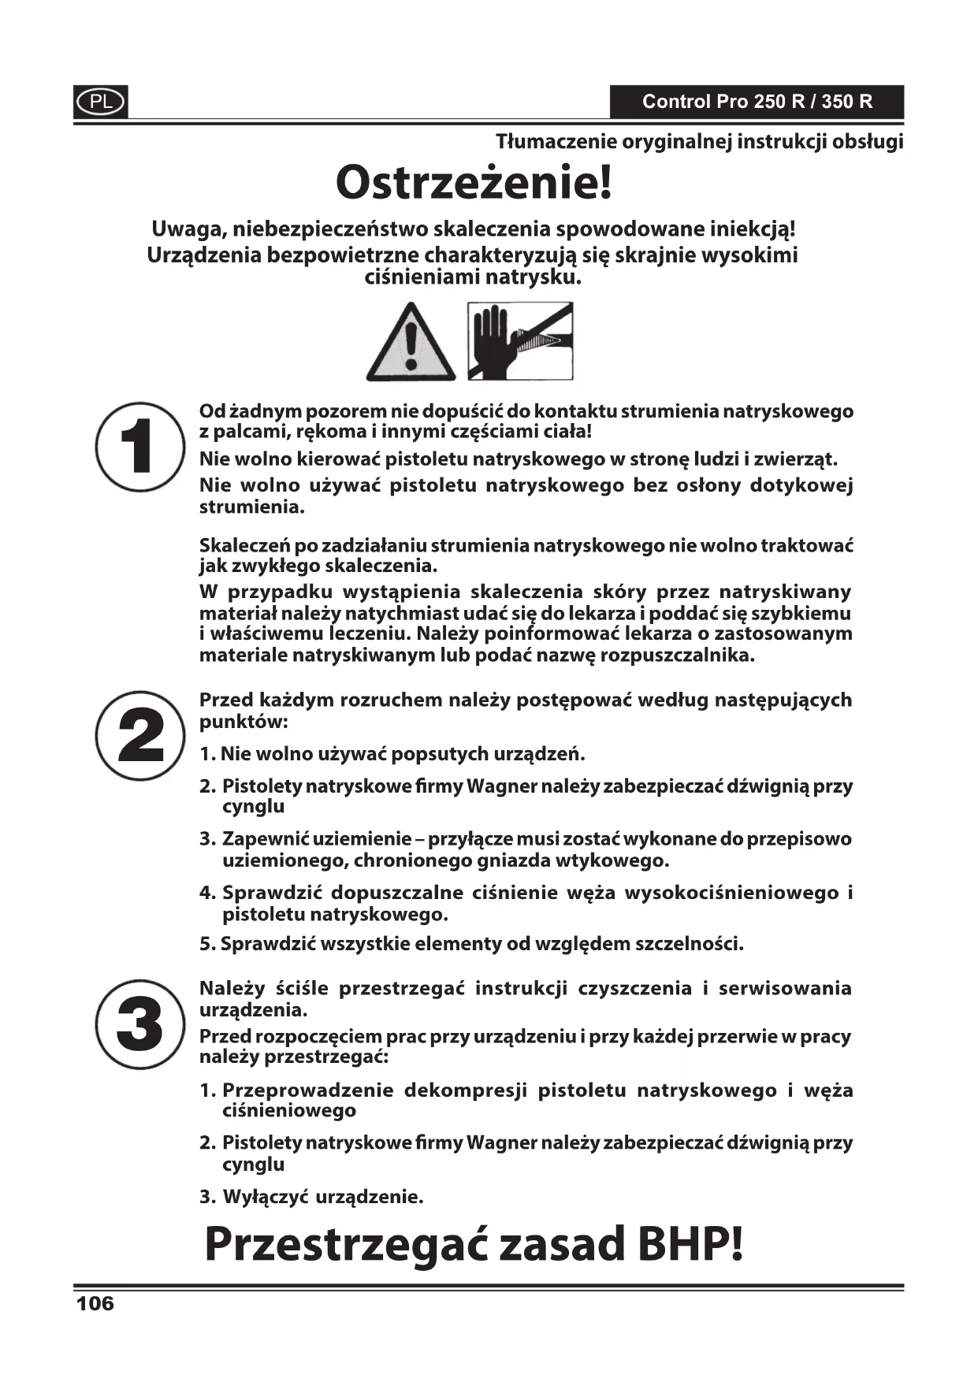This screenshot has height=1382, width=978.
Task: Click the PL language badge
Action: click(101, 102)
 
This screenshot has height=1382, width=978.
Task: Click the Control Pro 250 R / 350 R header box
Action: click(757, 102)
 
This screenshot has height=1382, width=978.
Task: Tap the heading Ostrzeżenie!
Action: click(474, 183)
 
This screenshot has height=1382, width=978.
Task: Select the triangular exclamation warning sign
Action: click(411, 343)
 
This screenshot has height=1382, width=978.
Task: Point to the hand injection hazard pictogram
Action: click(520, 341)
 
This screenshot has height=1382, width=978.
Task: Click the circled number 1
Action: click(139, 447)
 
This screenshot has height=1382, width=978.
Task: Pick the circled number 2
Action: click(140, 735)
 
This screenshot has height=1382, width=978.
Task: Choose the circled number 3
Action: click(140, 1024)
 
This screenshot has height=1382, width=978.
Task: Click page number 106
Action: click(95, 1303)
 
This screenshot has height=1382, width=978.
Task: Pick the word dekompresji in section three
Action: click(465, 1090)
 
